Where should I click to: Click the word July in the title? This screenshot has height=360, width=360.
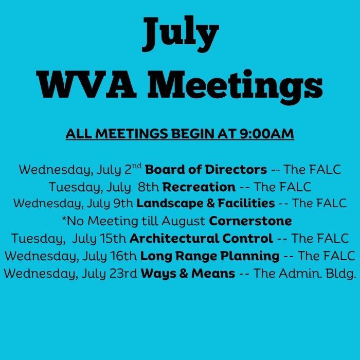(x=180, y=33)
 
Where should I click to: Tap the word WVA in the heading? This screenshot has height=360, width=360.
(x=86, y=85)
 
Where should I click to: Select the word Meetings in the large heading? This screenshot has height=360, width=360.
(x=235, y=87)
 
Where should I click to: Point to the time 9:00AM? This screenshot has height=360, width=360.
(x=266, y=134)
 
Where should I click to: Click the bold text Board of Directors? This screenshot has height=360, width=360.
(x=206, y=170)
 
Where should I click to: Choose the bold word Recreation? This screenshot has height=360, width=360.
(x=199, y=187)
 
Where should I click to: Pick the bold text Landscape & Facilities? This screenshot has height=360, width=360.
(x=206, y=204)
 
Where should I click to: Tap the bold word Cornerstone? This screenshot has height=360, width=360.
(x=250, y=221)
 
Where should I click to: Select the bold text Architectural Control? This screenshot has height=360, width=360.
(x=201, y=238)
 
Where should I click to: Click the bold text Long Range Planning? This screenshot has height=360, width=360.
(x=210, y=256)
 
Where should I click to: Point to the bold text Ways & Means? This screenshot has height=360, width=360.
(x=188, y=274)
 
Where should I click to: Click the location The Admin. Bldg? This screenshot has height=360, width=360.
(x=304, y=274)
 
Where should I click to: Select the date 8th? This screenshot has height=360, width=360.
(x=148, y=187)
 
